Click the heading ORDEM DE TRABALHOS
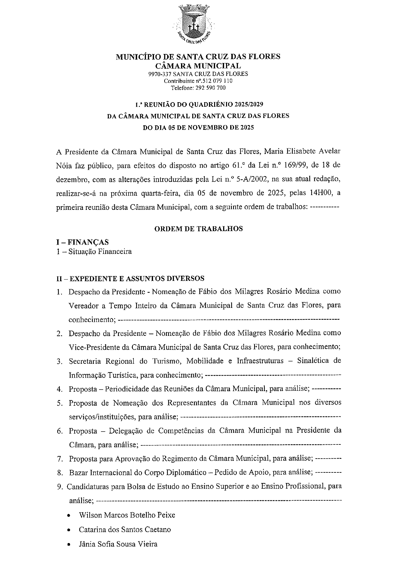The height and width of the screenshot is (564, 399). [x=198, y=229]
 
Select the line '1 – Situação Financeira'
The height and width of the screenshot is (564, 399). [x=94, y=252]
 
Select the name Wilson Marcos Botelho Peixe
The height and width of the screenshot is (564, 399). [x=127, y=515]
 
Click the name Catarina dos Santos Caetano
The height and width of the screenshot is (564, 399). [x=125, y=530]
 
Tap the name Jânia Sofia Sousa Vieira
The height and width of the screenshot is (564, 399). [x=118, y=544]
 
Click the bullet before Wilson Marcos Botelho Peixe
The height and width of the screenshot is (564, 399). [x=69, y=515]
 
